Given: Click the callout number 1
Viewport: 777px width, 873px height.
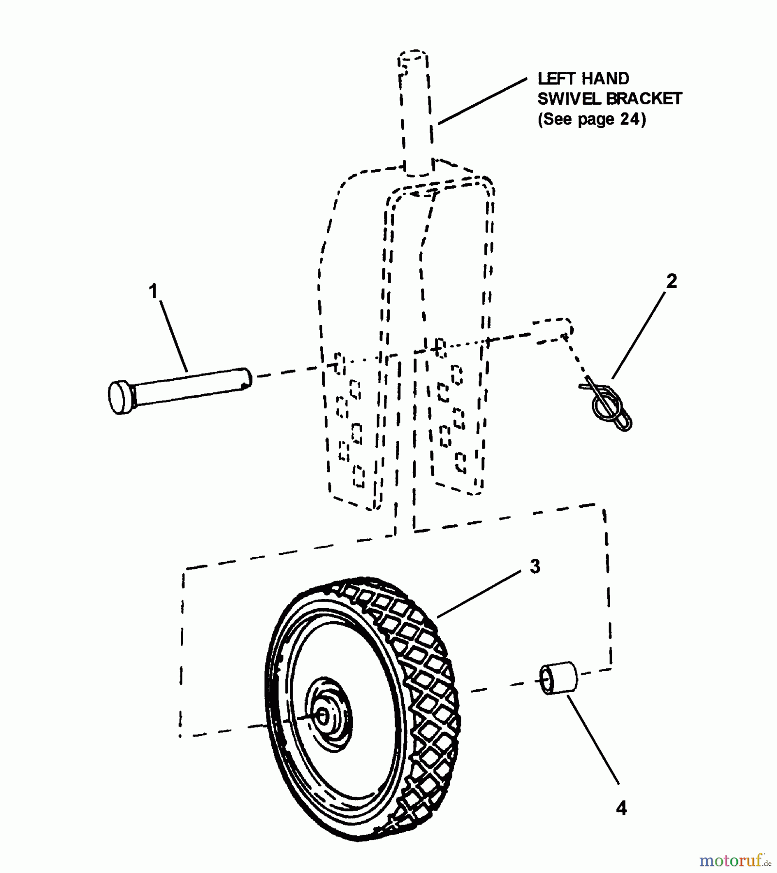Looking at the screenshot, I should tap(153, 292).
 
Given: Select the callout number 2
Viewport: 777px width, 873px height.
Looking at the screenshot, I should tap(671, 281).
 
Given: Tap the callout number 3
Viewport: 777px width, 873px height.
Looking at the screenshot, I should tap(535, 566).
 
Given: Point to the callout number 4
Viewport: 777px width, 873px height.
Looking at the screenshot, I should tap(621, 808).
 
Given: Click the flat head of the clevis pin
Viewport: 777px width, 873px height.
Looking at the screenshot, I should tap(119, 397).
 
